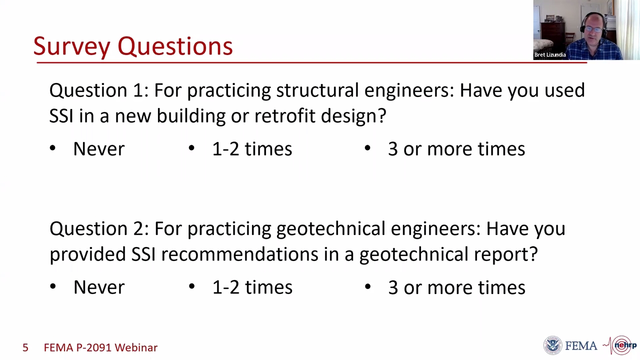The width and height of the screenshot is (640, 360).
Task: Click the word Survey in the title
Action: tap(71, 46)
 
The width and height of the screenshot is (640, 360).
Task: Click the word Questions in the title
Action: tap(175, 46)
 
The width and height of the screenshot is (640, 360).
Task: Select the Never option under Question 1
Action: tap(99, 149)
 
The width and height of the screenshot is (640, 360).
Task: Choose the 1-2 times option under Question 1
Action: tap(252, 149)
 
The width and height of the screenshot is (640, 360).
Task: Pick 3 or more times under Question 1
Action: tap(456, 149)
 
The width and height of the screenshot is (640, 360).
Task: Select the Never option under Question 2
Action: tap(99, 287)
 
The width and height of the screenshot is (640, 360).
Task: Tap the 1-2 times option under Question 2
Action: tap(252, 287)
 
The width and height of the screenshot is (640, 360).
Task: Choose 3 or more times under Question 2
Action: tap(456, 287)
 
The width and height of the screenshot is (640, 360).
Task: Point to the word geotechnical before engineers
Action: tap(331, 229)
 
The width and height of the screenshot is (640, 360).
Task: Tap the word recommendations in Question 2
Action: tap(239, 254)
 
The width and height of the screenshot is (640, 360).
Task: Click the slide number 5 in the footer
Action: tap(25, 347)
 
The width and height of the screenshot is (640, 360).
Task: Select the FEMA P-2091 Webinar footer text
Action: tap(100, 347)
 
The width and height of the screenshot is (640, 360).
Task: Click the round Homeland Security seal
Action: tap(552, 345)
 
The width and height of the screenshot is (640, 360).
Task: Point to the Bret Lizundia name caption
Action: tap(550, 54)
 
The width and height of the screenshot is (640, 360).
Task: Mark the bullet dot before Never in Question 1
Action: tap(52, 148)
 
